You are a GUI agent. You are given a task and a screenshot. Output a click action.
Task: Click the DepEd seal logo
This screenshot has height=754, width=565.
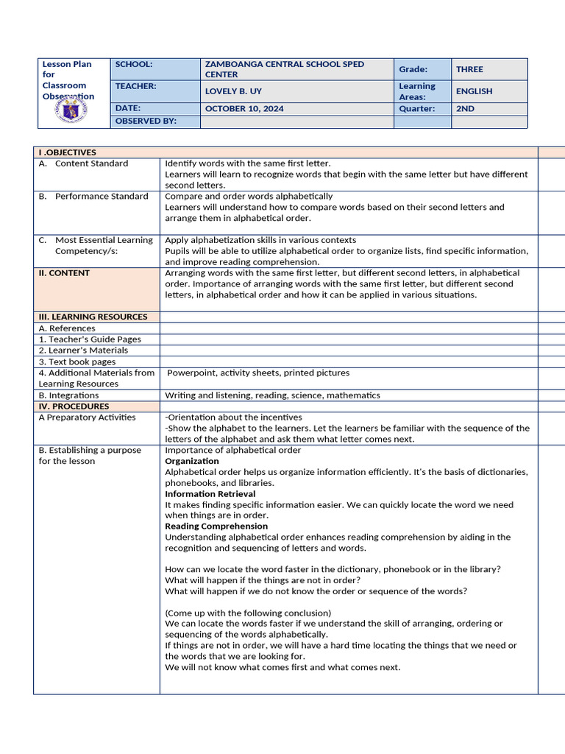coord(71,111)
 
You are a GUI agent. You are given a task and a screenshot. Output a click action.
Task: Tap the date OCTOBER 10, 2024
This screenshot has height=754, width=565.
coord(244,108)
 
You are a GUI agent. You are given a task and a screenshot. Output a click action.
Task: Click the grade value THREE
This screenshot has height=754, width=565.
coord(469,69)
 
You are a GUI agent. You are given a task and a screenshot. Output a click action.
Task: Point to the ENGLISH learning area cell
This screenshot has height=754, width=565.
coord(474,91)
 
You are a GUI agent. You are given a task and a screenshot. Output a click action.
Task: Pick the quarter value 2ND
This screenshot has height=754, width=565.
coord(465,108)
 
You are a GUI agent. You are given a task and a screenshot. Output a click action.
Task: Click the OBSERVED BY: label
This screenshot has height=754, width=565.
coord(146,121)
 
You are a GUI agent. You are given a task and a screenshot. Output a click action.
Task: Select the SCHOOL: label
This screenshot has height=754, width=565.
coord(133,64)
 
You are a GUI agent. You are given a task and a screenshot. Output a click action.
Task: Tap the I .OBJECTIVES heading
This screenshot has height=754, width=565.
coord(67,152)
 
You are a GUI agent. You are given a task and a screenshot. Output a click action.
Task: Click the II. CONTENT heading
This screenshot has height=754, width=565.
coord(64,273)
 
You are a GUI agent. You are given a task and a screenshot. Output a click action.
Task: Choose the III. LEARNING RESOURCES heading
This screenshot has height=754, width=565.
coord(93,317)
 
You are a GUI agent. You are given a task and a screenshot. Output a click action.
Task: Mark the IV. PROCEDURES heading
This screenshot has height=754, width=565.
coord(74,406)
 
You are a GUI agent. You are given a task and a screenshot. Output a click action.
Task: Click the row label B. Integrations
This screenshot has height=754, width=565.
coord(68,395)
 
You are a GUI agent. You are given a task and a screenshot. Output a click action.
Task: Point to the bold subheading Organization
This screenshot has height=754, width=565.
coord(191,461)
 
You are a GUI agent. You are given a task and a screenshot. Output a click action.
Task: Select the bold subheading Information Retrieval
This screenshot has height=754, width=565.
coord(210,494)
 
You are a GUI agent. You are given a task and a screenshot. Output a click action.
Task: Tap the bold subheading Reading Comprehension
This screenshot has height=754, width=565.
coord(216,526)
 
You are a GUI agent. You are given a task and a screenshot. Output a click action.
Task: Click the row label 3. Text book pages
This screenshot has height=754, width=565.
coord(77,362)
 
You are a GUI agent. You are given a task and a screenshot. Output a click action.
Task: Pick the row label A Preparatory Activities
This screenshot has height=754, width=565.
coord(87,417)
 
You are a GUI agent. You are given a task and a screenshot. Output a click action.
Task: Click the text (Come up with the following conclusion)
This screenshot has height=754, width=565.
coord(248,613)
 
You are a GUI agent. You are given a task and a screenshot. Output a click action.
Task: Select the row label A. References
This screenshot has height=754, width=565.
coord(67,328)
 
